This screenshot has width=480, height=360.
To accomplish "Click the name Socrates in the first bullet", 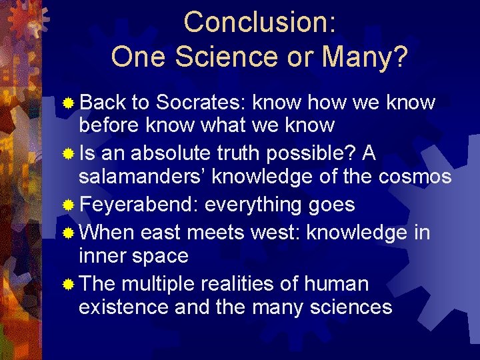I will coord(201,103).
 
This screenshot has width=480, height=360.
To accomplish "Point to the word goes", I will coord(331,205).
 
